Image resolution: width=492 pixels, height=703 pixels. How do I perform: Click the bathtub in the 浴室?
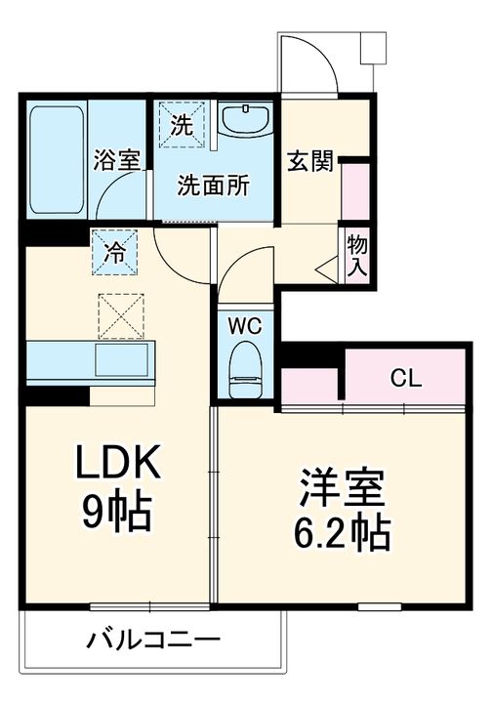click(x=57, y=160)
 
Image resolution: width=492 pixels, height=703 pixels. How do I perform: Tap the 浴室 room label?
click(x=116, y=160)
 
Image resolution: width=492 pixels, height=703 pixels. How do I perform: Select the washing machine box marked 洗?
click(x=183, y=125)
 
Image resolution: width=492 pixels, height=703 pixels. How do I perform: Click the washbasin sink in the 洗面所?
click(x=245, y=119)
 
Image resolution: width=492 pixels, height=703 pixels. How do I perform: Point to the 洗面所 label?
click(x=213, y=186)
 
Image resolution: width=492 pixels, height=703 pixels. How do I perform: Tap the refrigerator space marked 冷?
click(x=115, y=252)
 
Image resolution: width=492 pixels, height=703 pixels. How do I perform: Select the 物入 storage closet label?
click(x=357, y=256)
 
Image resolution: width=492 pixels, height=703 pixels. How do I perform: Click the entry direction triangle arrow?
click(x=327, y=269)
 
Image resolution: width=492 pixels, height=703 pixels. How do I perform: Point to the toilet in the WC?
click(x=245, y=370)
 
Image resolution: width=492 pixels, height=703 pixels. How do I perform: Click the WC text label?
click(x=245, y=326)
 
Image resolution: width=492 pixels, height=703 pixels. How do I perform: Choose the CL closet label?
click(x=405, y=379)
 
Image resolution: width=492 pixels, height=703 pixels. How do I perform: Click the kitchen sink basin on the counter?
click(x=121, y=360)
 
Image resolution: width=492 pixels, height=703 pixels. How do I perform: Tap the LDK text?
click(x=119, y=462)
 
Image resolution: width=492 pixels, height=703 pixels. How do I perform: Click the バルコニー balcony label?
click(x=153, y=640)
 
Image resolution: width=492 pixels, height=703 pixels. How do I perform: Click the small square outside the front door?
click(x=373, y=48)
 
